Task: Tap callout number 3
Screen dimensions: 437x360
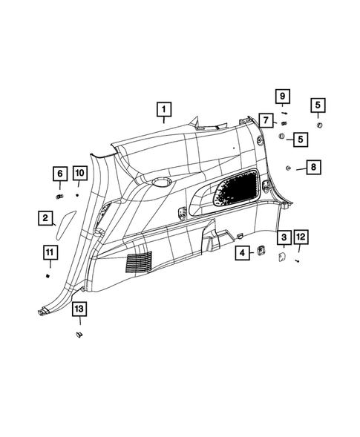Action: pos(283,237)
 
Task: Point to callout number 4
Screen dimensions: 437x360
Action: pos(243,253)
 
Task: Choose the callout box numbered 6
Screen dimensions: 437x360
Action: pos(58,174)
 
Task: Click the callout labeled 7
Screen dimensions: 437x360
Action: pos(265,119)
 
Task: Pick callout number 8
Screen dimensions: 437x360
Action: pos(313,168)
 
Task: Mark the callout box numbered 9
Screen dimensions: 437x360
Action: pos(281,96)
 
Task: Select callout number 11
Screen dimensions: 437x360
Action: pos(48,254)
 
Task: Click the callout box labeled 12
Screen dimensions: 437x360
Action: pos(300,237)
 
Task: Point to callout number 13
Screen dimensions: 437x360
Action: pos(78,310)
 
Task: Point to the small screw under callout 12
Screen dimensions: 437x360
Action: pos(298,260)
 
